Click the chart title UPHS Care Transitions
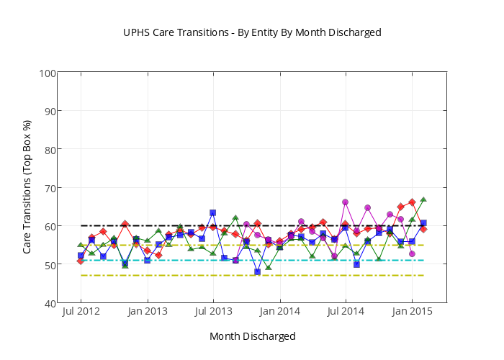(x=251, y=32)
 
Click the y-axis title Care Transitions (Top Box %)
(x=27, y=186)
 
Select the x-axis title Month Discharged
(x=252, y=336)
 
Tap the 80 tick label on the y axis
(x=51, y=149)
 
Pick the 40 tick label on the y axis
(x=51, y=303)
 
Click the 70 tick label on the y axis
(x=51, y=188)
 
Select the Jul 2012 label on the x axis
(x=81, y=311)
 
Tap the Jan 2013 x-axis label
(x=148, y=311)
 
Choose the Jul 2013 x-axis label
(x=213, y=311)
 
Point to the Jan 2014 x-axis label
(x=279, y=311)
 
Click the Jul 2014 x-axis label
(x=346, y=311)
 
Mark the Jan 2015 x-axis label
(x=412, y=311)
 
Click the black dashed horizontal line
(x=180, y=225)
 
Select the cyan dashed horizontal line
(x=180, y=260)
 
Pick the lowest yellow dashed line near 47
(x=180, y=275)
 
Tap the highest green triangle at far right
(x=423, y=199)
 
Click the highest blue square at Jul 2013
(x=213, y=212)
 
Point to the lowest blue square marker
(x=257, y=271)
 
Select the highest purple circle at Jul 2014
(x=346, y=202)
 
